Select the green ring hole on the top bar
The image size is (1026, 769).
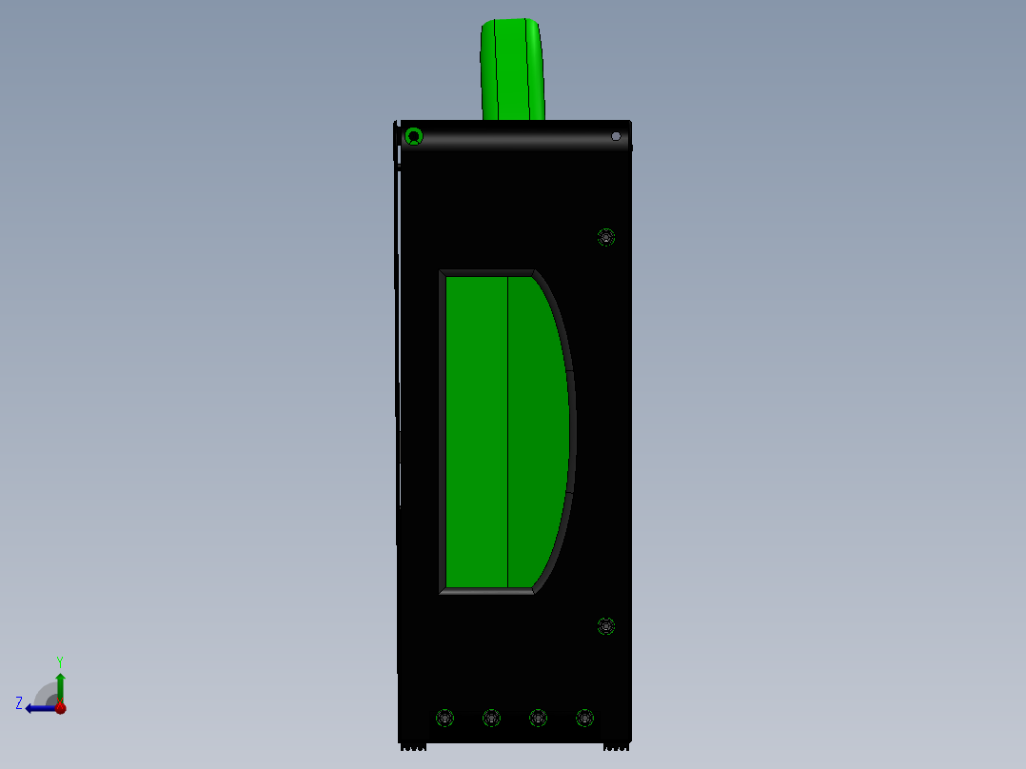pyautogui.click(x=413, y=136)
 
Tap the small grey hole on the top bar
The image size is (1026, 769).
pyautogui.click(x=616, y=136)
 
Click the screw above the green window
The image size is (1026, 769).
pyautogui.click(x=606, y=237)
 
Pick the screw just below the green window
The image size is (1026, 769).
pyautogui.click(x=606, y=626)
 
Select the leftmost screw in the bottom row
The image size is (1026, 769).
pyautogui.click(x=444, y=718)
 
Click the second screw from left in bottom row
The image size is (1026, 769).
pyautogui.click(x=491, y=718)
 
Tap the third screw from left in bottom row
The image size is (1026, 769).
pyautogui.click(x=538, y=718)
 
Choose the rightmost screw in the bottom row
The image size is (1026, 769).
pyautogui.click(x=584, y=718)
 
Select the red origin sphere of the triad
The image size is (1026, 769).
pyautogui.click(x=60, y=708)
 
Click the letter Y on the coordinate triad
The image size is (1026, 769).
pyautogui.click(x=59, y=661)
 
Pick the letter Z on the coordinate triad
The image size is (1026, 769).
pyautogui.click(x=19, y=703)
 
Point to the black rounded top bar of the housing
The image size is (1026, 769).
pyautogui.click(x=514, y=137)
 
